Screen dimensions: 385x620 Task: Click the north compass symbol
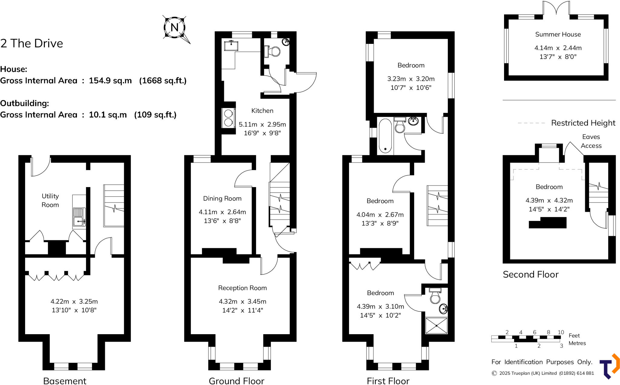click(x=175, y=28)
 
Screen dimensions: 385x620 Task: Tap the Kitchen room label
click(x=262, y=111)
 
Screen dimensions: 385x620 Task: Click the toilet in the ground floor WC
click(x=273, y=51)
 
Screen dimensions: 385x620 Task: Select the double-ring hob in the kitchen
click(x=229, y=118)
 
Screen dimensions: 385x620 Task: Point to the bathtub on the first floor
click(x=385, y=136)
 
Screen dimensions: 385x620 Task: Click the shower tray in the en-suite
click(x=436, y=325)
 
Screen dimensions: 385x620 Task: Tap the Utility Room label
click(x=50, y=200)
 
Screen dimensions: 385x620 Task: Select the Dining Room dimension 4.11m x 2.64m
click(x=222, y=212)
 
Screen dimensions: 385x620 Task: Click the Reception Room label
click(x=242, y=288)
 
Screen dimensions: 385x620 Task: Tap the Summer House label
click(x=558, y=35)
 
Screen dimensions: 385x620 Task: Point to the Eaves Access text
click(x=591, y=141)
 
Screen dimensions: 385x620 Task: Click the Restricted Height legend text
click(x=583, y=123)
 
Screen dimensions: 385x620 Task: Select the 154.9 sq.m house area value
click(x=110, y=81)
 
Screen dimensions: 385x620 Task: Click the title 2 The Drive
click(x=32, y=44)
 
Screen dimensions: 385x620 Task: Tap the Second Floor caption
click(x=531, y=275)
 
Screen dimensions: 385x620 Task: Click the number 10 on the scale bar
click(x=561, y=332)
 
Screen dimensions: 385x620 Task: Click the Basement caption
click(x=65, y=381)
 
